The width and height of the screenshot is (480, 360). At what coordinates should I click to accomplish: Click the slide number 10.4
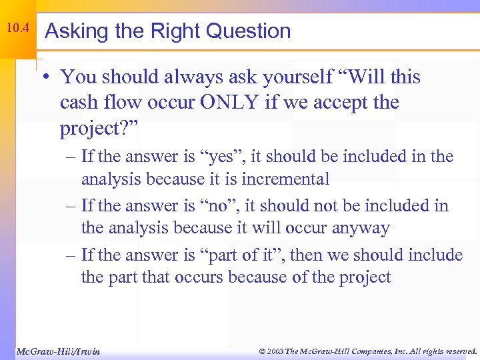click(17, 28)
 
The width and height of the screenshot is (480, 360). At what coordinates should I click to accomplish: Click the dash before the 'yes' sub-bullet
click(71, 157)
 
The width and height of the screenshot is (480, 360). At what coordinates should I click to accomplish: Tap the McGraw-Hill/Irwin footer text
click(58, 351)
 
